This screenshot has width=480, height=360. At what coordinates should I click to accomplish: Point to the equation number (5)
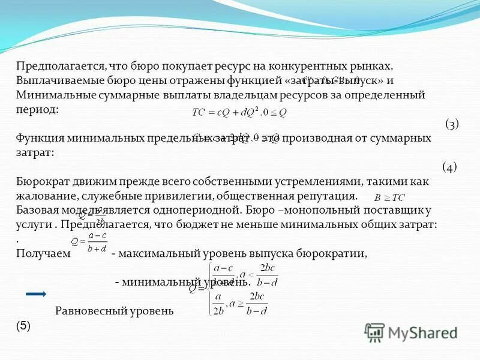pyautogui.click(x=23, y=326)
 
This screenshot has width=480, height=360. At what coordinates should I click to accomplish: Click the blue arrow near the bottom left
pyautogui.click(x=36, y=294)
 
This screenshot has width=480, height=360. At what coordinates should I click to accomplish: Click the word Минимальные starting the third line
pyautogui.click(x=50, y=95)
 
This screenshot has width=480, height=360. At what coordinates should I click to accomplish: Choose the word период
pyautogui.click(x=37, y=109)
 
